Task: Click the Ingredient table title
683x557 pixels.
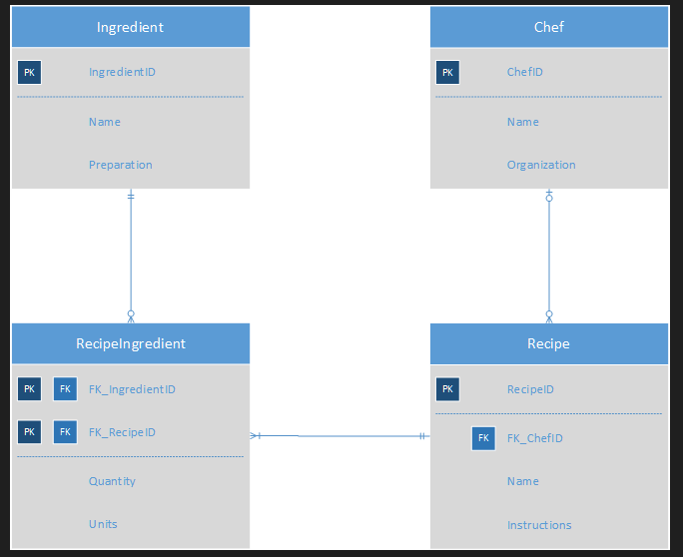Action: tap(130, 27)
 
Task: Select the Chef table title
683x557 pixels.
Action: tap(548, 27)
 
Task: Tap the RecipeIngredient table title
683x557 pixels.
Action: tap(130, 343)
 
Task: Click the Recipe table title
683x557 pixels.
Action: tap(548, 343)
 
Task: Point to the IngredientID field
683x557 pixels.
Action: tap(122, 72)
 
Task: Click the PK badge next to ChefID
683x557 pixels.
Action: tap(447, 72)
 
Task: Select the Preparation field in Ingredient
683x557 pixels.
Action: tap(120, 165)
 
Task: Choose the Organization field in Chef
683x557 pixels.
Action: tap(541, 165)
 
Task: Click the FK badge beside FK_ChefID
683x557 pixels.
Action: tap(483, 438)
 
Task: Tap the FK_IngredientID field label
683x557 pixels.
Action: tap(132, 389)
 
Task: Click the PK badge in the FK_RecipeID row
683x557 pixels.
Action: tap(29, 432)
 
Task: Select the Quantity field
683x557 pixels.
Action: tap(112, 481)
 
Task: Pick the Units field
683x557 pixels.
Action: tap(103, 524)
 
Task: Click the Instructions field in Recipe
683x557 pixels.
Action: tap(539, 525)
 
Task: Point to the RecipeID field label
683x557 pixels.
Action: tap(530, 389)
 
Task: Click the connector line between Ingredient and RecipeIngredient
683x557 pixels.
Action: tap(131, 255)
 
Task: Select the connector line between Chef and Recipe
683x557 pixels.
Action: tap(548, 255)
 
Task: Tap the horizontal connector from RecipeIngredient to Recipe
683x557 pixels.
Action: tap(340, 436)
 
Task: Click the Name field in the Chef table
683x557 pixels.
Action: tap(522, 122)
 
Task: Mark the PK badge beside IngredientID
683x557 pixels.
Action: tap(29, 72)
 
